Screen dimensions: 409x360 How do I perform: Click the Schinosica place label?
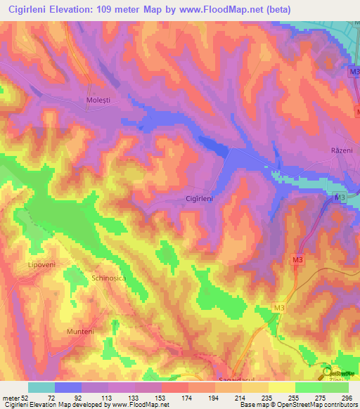pos(108,278)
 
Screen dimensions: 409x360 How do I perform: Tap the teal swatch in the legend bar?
pos(41,387)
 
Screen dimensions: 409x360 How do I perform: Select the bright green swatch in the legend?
pos(308,387)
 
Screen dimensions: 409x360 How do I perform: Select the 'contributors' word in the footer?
pos(340,405)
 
